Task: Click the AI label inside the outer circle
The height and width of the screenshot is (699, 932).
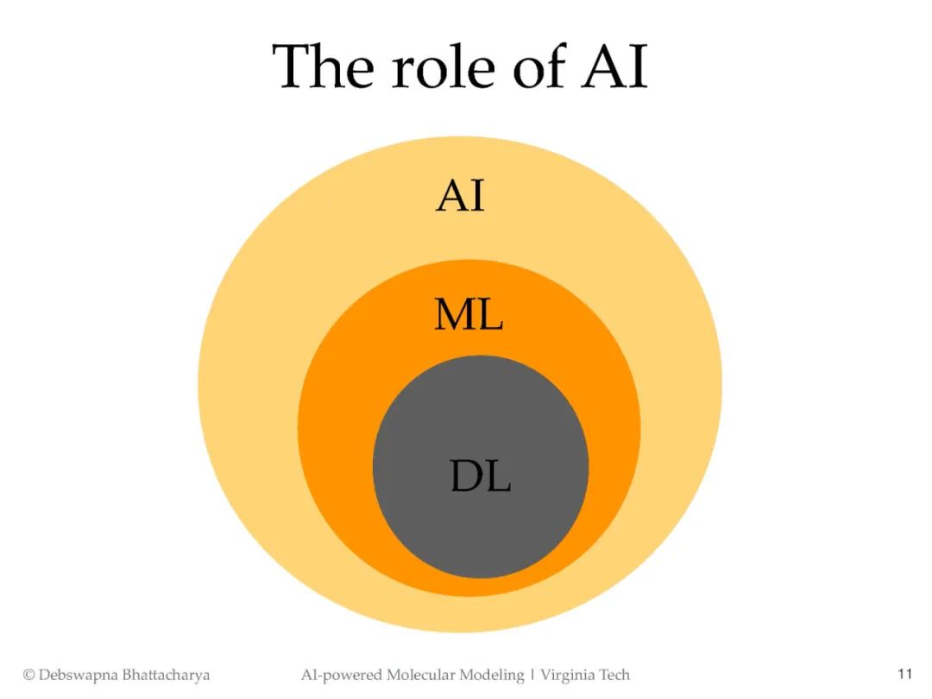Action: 460,196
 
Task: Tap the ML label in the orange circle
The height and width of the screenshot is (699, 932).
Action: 469,316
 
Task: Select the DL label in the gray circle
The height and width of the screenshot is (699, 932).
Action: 481,475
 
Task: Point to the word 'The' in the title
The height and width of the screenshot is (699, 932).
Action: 325,66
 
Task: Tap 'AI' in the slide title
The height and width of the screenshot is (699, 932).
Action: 614,66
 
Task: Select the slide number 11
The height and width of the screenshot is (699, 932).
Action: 904,674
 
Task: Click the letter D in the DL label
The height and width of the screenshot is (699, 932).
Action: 464,475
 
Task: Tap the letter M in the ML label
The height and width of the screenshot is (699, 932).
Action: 453,316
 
